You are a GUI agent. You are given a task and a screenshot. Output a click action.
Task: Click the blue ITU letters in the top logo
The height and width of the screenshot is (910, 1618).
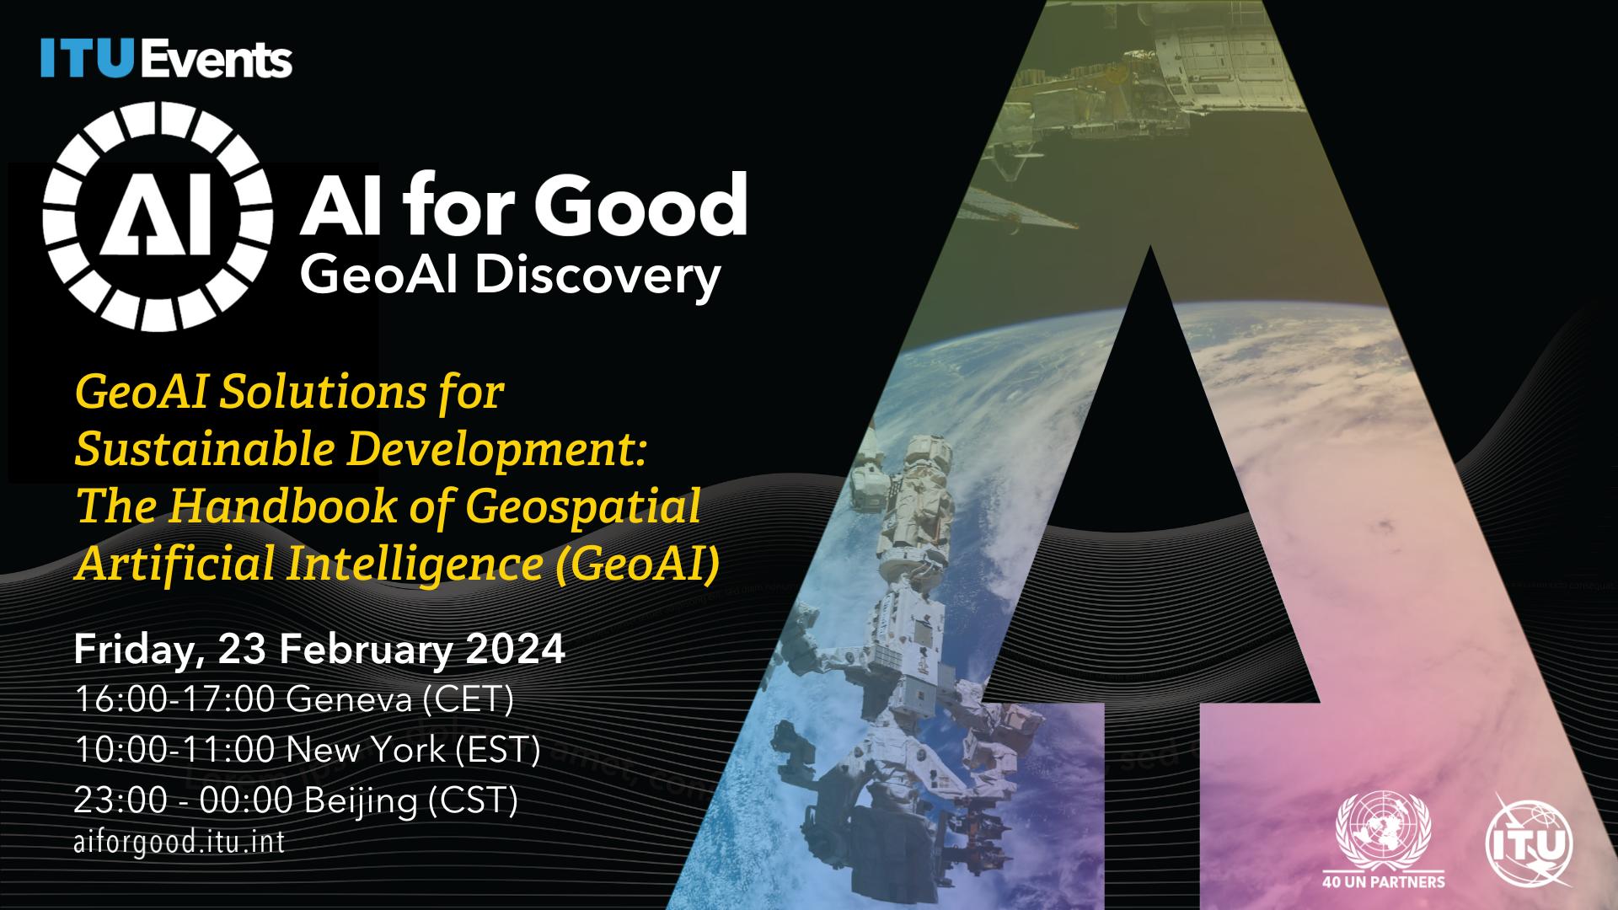[88, 59]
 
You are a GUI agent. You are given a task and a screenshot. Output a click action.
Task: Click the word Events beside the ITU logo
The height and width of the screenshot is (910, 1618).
[217, 60]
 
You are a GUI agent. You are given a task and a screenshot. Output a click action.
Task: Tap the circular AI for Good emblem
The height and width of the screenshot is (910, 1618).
[158, 217]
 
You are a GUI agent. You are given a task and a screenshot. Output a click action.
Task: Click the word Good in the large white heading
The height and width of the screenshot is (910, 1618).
[640, 206]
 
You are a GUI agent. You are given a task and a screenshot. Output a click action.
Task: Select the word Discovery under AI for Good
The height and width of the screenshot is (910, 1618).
[597, 276]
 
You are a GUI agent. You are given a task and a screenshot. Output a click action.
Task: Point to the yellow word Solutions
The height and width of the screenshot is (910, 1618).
[323, 393]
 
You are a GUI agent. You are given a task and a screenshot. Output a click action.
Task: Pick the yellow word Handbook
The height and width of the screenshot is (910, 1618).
[282, 506]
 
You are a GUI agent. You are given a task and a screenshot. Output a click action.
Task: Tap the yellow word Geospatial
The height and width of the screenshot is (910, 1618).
[582, 506]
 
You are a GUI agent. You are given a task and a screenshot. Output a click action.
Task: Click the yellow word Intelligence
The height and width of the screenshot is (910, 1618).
[415, 564]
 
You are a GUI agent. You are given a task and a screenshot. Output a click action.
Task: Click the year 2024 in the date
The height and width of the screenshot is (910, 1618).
[515, 650]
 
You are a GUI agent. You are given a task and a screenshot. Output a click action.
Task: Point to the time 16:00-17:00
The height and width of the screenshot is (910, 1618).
[174, 699]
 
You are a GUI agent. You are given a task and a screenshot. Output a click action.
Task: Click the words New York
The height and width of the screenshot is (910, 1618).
[366, 750]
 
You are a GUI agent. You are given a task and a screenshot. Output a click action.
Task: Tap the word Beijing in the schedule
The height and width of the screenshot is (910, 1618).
[360, 801]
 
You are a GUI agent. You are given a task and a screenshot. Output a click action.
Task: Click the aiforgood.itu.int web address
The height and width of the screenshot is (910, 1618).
[179, 842]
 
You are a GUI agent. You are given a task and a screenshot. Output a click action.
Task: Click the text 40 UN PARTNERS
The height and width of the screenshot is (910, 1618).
[1383, 882]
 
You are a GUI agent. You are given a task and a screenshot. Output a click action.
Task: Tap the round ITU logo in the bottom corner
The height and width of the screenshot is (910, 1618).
[1530, 843]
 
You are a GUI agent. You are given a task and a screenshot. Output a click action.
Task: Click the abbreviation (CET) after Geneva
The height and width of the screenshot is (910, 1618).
[468, 699]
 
